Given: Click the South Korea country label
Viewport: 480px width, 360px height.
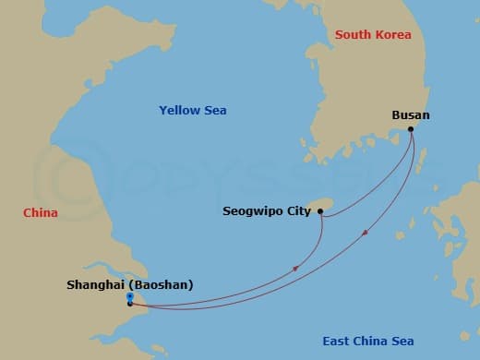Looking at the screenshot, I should point(373,35).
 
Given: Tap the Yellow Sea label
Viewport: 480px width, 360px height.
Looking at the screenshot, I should point(192,111).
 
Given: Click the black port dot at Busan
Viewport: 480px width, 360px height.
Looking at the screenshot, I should point(412,129).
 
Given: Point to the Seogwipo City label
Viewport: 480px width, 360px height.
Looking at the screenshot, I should point(267,211).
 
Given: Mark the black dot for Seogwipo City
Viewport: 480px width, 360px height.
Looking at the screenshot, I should point(320,211).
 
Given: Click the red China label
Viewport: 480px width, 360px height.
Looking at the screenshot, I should point(41,213).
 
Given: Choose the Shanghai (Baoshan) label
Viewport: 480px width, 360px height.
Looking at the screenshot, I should point(130,285).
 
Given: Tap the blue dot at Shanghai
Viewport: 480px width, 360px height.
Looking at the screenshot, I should point(130,296).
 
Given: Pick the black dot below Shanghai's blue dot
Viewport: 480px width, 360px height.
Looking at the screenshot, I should point(130,303).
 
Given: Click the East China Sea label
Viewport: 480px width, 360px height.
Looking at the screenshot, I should point(368,342).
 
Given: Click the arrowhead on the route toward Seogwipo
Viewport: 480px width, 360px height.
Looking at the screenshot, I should point(295,269).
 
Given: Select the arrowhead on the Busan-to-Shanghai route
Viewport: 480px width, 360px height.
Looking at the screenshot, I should point(366,233).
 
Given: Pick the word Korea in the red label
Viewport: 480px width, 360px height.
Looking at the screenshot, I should point(393,35).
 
